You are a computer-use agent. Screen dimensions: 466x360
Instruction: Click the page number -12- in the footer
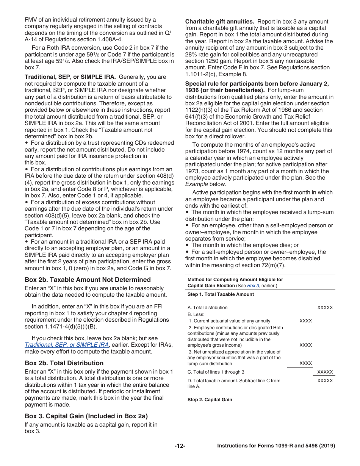180,446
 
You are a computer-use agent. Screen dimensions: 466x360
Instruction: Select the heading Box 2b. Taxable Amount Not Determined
88,280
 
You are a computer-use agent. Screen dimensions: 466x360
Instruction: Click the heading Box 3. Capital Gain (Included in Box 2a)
86,416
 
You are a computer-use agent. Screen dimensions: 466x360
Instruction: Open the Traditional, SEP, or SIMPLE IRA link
67,345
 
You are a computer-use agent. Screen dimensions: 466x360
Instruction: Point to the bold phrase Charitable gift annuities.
219,22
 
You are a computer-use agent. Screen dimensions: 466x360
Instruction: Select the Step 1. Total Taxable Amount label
221,294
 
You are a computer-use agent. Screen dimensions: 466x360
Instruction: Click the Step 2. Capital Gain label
210,400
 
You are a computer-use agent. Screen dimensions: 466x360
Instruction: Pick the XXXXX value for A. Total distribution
325,308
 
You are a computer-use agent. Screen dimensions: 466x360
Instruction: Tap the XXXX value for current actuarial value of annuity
305,321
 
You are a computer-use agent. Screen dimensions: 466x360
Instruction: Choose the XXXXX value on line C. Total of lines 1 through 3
325,372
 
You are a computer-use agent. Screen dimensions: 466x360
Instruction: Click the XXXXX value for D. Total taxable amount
325,381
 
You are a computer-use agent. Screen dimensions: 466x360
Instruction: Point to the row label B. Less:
196,314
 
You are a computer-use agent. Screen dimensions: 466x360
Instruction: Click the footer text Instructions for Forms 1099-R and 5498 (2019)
276,446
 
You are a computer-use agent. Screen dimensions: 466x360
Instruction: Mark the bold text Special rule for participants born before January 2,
257,84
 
